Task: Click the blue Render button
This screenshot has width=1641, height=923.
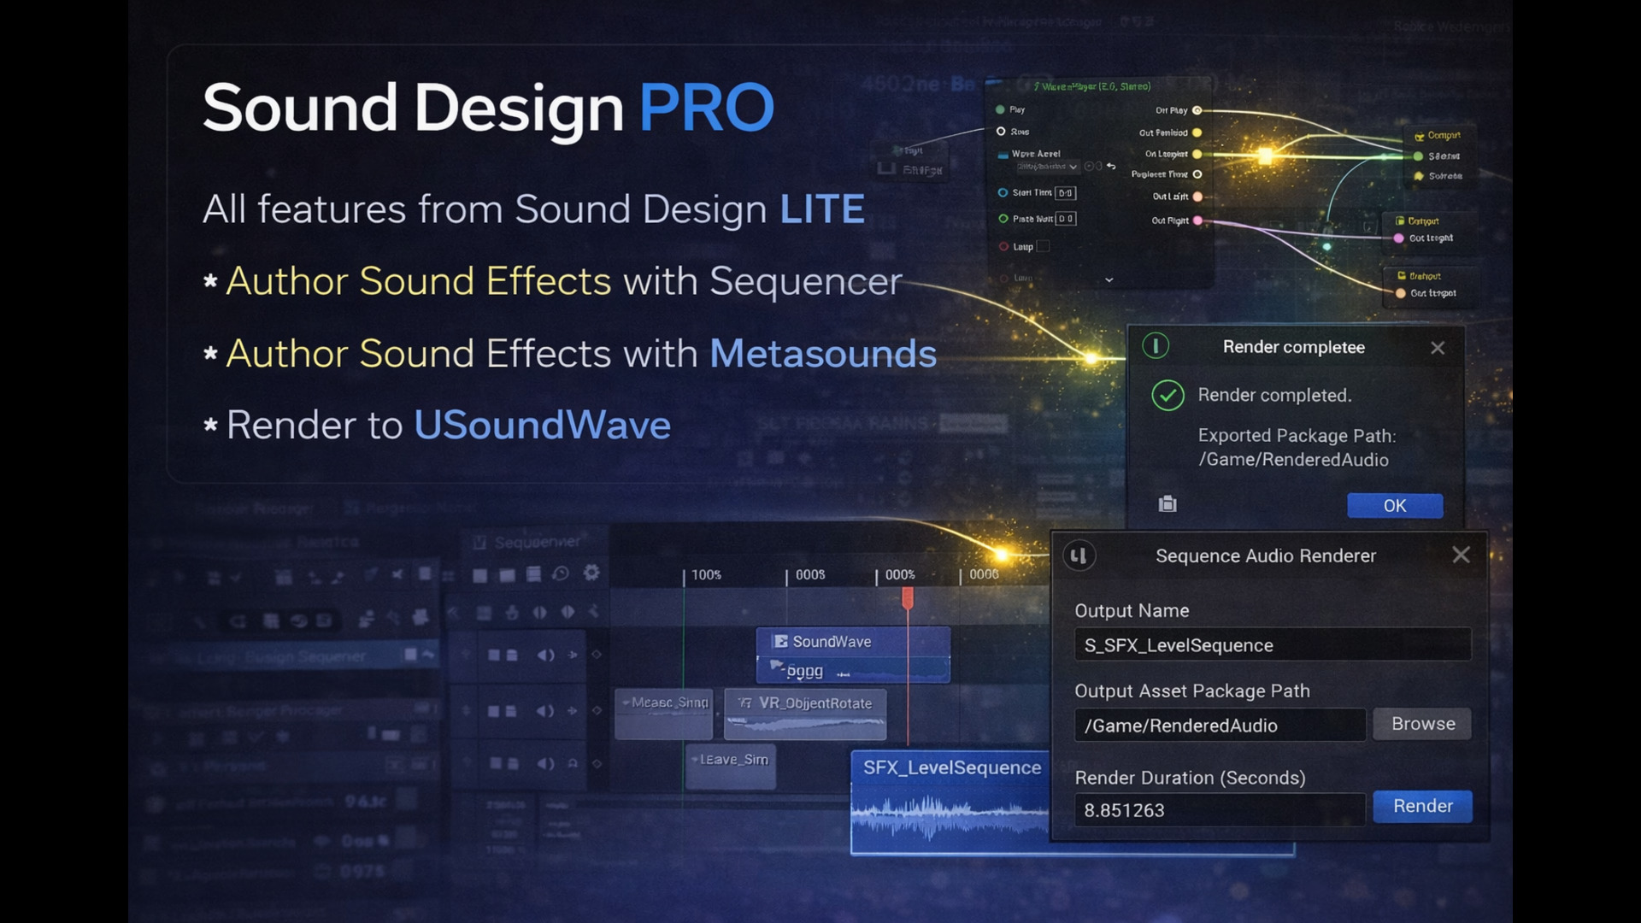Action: tap(1422, 806)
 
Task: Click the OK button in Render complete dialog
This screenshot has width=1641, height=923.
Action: tap(1394, 505)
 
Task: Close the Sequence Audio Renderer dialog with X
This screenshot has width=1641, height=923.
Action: tap(1461, 555)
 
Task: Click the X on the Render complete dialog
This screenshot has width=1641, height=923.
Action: tap(1438, 348)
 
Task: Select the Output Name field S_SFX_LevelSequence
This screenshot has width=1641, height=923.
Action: tap(1272, 645)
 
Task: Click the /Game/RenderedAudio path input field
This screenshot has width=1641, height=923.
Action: tap(1219, 726)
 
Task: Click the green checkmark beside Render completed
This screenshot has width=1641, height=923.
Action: tap(1168, 395)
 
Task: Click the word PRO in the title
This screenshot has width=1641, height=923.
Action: tap(706, 109)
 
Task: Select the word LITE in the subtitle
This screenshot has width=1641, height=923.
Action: tap(821, 209)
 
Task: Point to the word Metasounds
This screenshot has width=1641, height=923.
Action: tap(822, 354)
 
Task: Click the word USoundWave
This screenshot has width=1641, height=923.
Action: tap(542, 426)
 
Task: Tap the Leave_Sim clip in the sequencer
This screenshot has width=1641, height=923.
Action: tap(732, 760)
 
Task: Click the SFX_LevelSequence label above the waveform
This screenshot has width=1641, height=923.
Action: tap(951, 767)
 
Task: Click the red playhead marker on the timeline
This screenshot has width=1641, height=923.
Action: tap(908, 597)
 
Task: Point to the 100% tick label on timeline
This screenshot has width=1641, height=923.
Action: tap(706, 575)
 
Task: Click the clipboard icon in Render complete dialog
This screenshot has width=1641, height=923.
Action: tap(1168, 504)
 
